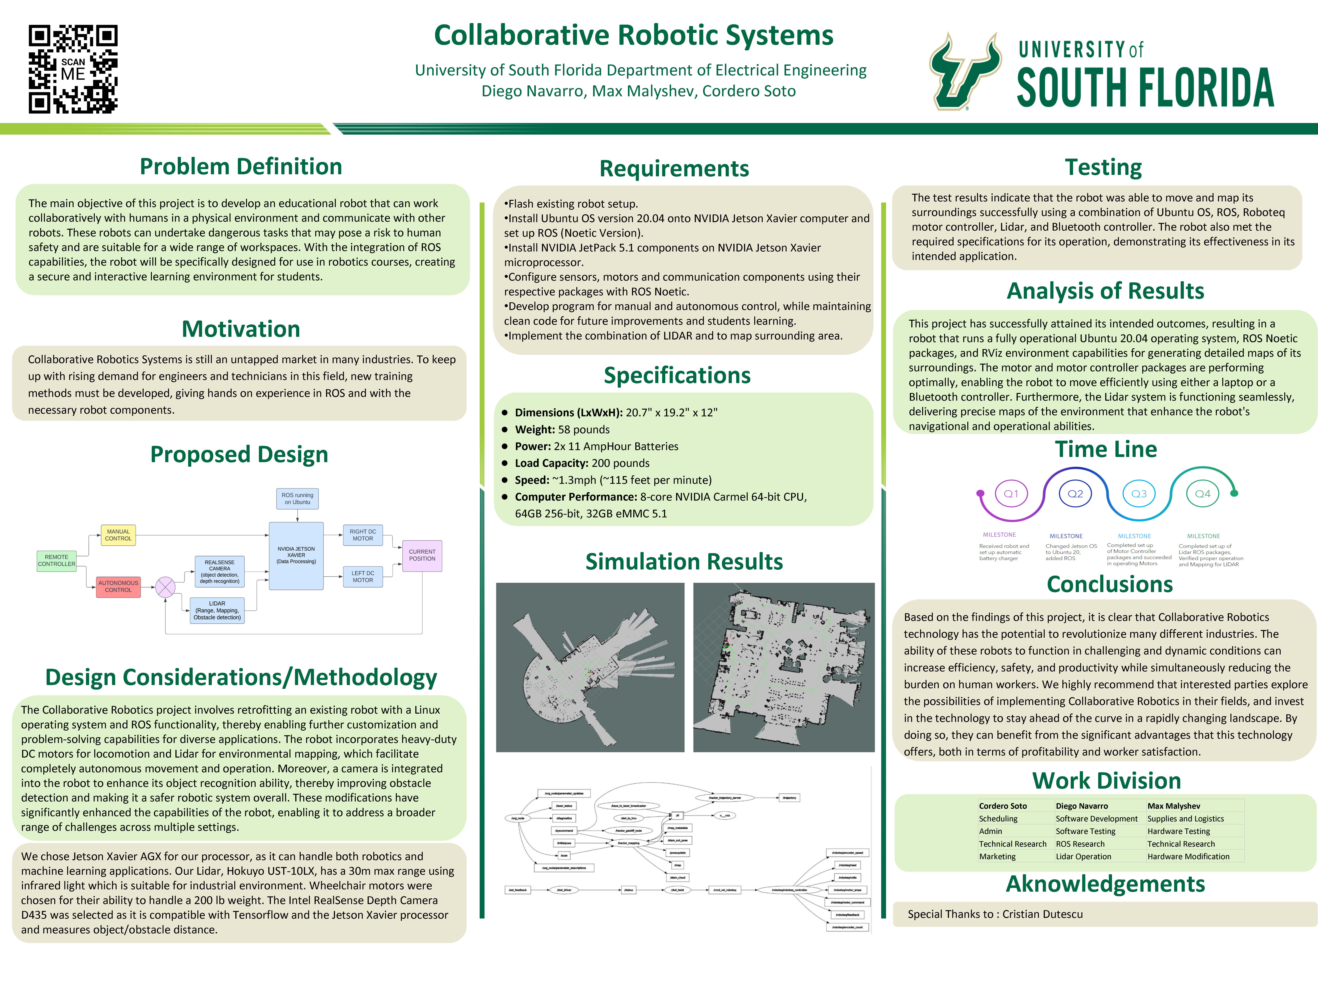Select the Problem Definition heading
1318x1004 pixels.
click(x=241, y=167)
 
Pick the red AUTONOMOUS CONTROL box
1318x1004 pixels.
click(x=118, y=586)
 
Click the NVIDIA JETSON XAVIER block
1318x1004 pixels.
click(x=296, y=555)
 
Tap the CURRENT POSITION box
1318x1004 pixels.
click(x=422, y=555)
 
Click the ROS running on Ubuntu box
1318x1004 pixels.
click(x=297, y=498)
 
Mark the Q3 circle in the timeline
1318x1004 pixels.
click(x=1139, y=494)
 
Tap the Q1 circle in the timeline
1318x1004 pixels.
click(x=1011, y=494)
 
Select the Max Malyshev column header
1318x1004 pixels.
click(x=1173, y=806)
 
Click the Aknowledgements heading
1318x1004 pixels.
click(x=1105, y=884)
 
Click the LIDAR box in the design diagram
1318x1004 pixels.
click(x=217, y=610)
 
